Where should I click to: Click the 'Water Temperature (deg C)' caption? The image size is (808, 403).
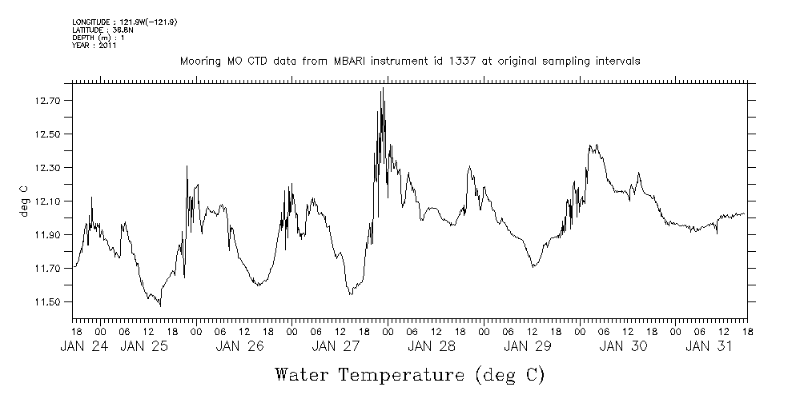tap(409, 374)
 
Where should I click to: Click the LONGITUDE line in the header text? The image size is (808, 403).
tap(124, 22)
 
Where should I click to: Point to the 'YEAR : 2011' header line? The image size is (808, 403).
tap(94, 46)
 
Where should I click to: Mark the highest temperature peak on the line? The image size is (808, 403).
tap(383, 88)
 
